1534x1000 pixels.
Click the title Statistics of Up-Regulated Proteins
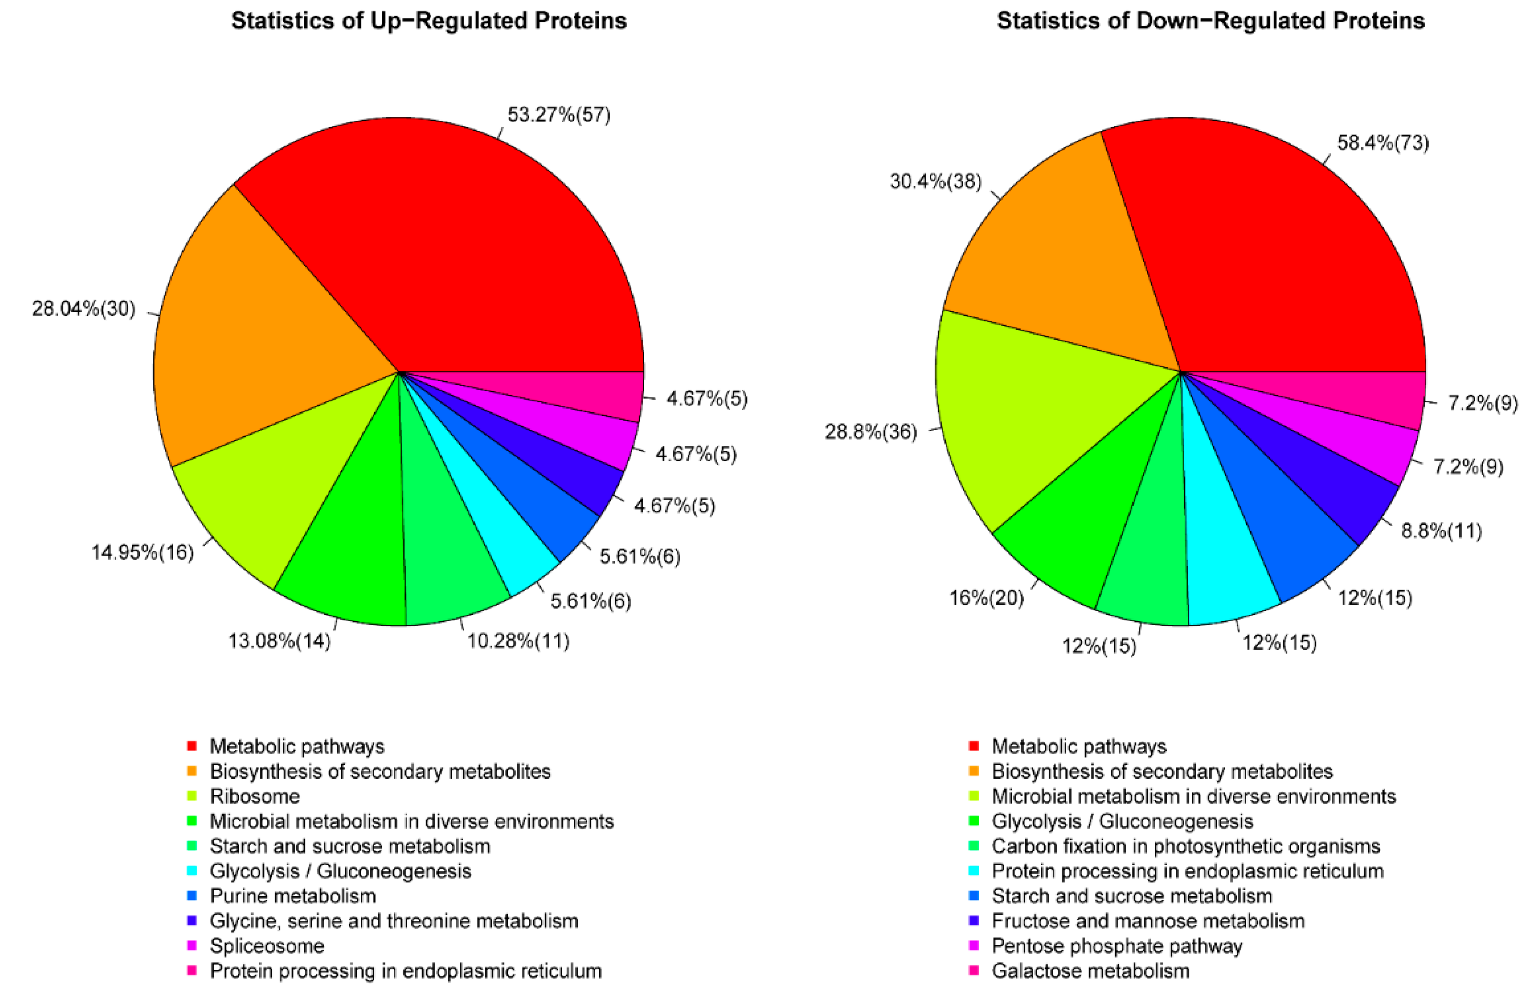pos(429,21)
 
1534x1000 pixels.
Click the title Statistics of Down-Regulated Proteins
pos(1210,21)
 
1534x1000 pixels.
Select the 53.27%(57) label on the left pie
pos(559,115)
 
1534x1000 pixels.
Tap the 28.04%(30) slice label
pos(84,309)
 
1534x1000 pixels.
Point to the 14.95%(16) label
pos(142,553)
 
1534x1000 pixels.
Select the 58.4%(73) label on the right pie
pos(1382,143)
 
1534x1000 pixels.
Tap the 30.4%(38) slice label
pos(936,182)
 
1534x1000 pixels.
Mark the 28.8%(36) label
pos(871,432)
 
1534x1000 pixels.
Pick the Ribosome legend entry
pos(254,797)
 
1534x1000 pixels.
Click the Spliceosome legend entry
pos(267,946)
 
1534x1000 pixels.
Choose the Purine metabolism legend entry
pos(292,896)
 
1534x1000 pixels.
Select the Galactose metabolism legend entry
pos(1090,971)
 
